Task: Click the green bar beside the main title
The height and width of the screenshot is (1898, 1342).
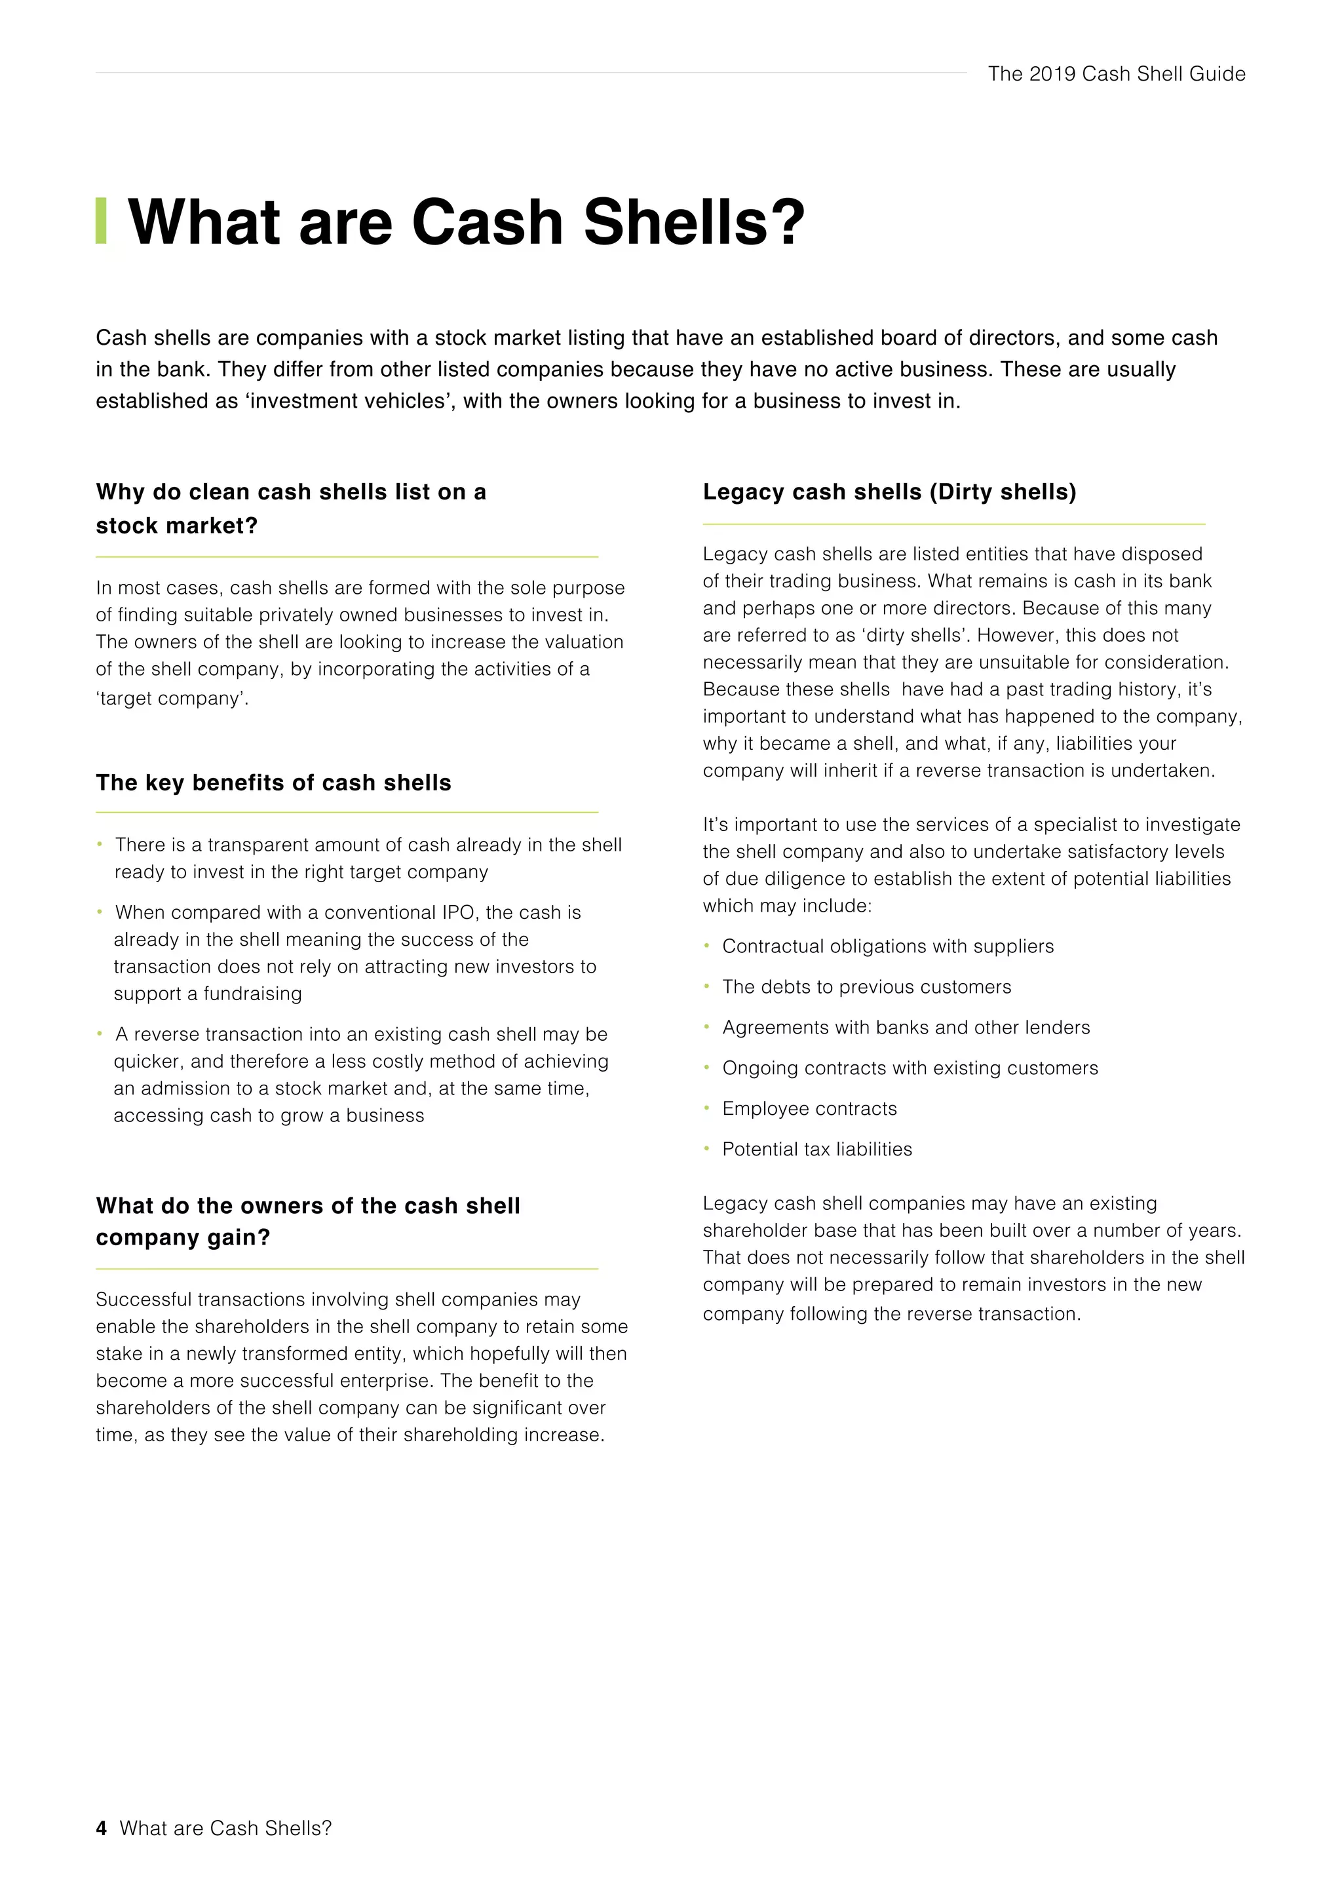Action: pos(101,221)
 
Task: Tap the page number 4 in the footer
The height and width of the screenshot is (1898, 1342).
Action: pos(101,1828)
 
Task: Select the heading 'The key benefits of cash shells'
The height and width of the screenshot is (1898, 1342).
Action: pos(273,782)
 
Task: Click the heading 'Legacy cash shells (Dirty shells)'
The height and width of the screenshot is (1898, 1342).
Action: pos(889,492)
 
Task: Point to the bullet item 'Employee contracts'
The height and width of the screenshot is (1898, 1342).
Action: pos(809,1108)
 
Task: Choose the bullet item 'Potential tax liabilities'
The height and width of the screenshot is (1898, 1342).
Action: pos(816,1149)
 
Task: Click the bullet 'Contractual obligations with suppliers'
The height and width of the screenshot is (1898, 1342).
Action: pos(887,946)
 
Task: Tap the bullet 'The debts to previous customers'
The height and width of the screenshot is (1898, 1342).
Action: pos(866,986)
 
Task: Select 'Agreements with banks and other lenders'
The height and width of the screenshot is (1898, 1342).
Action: pos(906,1027)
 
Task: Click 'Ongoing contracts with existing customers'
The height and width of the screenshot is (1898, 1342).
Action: pos(910,1068)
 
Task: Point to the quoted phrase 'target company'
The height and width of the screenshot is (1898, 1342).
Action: pos(172,699)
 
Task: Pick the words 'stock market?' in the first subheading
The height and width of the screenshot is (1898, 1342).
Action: pos(177,526)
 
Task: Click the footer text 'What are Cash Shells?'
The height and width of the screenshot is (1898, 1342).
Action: pos(225,1828)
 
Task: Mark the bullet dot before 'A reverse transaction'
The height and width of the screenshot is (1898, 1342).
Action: pos(99,1034)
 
